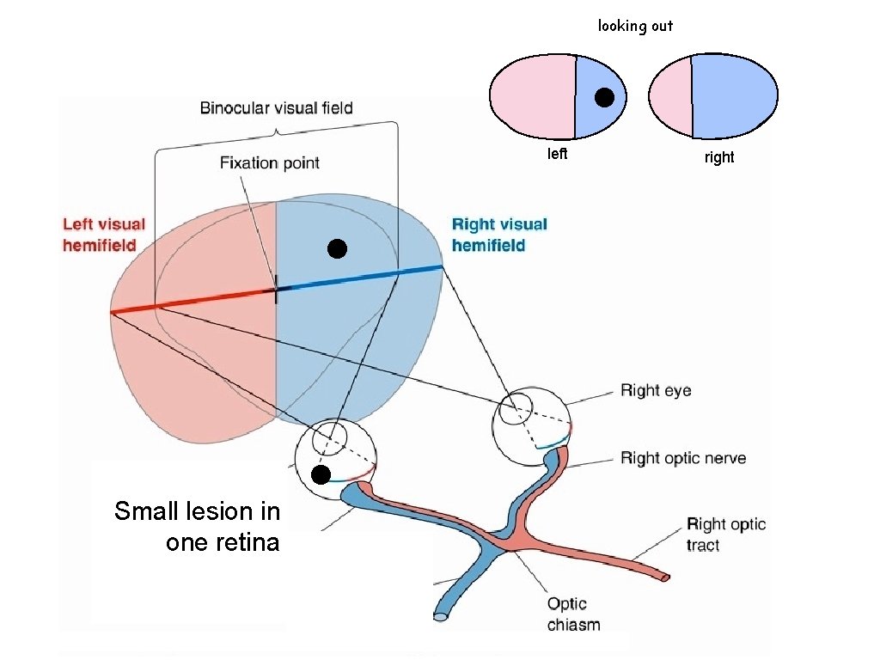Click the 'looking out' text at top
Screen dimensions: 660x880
(x=635, y=26)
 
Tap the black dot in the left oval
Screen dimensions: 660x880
(x=604, y=98)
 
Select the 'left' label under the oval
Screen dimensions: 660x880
(x=558, y=155)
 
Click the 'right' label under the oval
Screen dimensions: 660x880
(x=719, y=157)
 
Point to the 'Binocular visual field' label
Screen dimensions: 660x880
(x=276, y=108)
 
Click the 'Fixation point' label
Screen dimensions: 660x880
(x=269, y=162)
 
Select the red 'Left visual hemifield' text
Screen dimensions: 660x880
(x=104, y=235)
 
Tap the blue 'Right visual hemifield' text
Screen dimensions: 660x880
(x=499, y=235)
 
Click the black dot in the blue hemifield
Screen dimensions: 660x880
(x=337, y=249)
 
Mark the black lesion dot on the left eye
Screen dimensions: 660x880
(x=321, y=475)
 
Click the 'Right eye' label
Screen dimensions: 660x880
(x=656, y=391)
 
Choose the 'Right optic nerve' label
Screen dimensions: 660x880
(x=683, y=458)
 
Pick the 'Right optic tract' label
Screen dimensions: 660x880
(x=725, y=535)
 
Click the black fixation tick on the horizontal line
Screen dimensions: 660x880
(x=276, y=293)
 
